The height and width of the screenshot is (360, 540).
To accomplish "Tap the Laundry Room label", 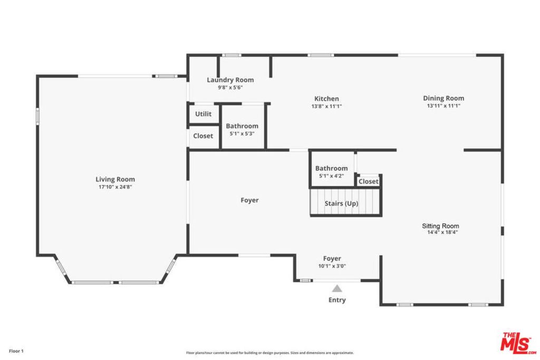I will click(230, 80).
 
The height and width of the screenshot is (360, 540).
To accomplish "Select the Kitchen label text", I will click(326, 99).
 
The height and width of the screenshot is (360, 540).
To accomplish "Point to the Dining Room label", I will click(443, 98).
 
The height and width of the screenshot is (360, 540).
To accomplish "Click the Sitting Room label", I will click(440, 226).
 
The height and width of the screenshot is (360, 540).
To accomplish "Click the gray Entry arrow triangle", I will click(337, 288).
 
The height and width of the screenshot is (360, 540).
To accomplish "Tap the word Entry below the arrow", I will click(337, 300).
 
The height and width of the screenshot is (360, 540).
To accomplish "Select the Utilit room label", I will click(203, 114).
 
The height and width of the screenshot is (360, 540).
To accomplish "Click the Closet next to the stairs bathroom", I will click(368, 181).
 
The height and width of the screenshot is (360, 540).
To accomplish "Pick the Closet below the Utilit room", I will click(203, 136).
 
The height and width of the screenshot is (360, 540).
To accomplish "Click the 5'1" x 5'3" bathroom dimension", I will click(242, 134).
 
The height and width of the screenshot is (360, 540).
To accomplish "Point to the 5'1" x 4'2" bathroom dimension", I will click(331, 176).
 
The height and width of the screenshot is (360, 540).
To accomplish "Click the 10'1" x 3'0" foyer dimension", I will click(332, 266).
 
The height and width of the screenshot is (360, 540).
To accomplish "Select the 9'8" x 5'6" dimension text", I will click(230, 87).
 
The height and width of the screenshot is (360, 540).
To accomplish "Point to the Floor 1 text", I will click(16, 351).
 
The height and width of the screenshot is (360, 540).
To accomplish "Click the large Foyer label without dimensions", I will click(249, 200).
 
